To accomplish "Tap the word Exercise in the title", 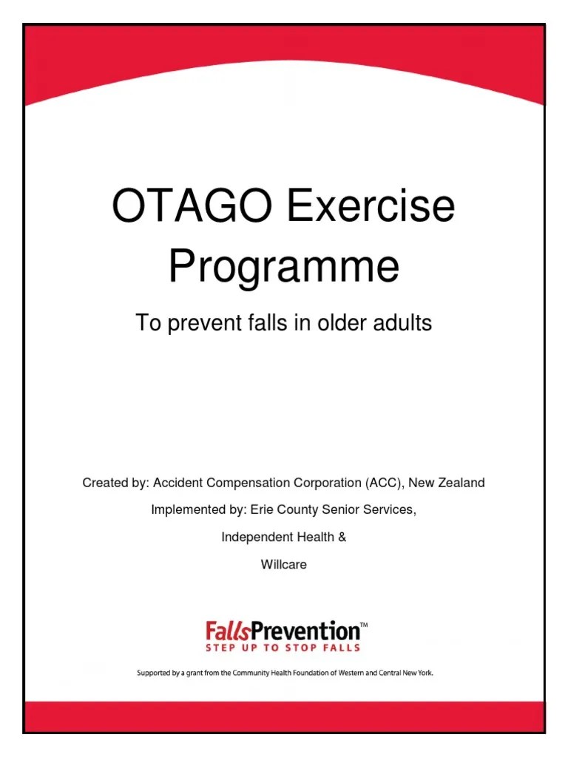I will [371, 206].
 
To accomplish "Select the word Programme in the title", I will [284, 267].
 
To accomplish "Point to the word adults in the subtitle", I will [399, 323].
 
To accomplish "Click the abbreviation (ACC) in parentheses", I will [383, 483].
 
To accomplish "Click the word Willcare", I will [284, 565].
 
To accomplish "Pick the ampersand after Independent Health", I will [342, 537].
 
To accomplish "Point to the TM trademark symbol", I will [363, 625].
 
